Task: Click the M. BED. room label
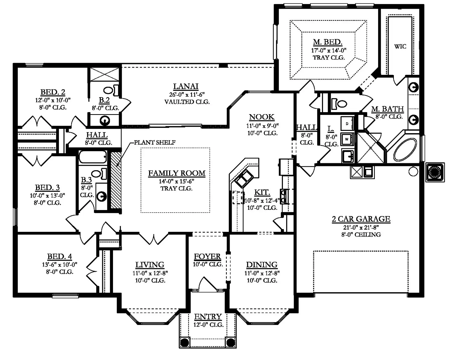point(327,42)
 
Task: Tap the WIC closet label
point(400,47)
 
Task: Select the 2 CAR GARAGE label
point(361,219)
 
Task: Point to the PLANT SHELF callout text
point(155,142)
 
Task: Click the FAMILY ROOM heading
point(177,173)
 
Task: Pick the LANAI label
point(186,86)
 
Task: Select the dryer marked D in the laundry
point(347,124)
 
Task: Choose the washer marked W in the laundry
point(347,139)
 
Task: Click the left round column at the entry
point(184,342)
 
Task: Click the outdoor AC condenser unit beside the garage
point(435,172)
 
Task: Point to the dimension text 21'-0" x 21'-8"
point(361,228)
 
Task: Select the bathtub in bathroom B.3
point(93,157)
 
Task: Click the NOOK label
point(262,117)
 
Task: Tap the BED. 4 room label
point(60,257)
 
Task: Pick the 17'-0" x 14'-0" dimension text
point(329,51)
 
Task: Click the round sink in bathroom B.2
point(105,121)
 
